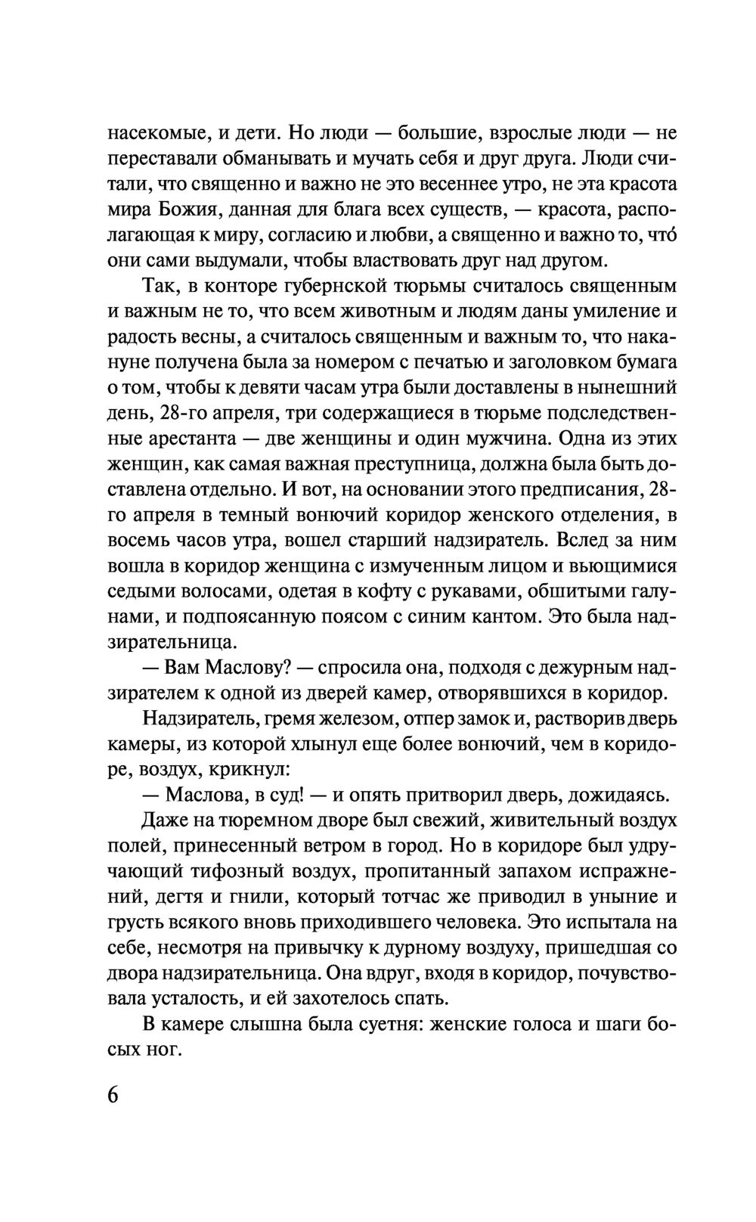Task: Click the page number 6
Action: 113,1096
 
